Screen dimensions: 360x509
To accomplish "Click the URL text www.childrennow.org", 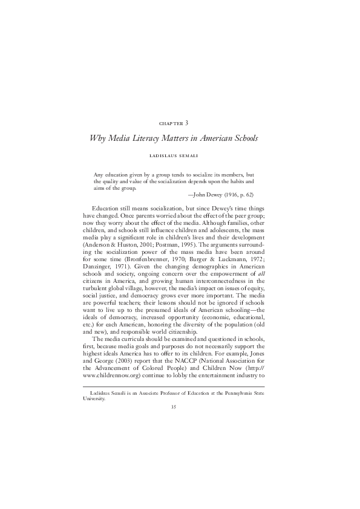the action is (x=111, y=374).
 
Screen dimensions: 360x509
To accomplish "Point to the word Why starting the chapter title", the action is (x=99, y=138).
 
